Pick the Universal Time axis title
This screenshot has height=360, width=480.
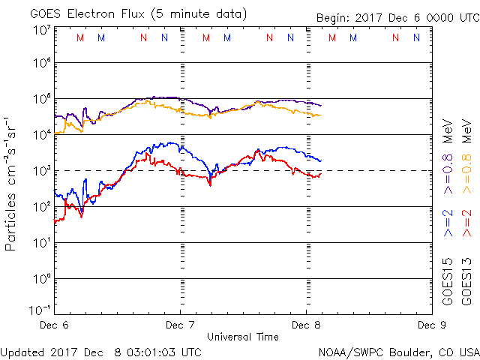pyautogui.click(x=242, y=337)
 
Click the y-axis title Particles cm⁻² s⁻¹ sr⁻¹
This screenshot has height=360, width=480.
pyautogui.click(x=13, y=183)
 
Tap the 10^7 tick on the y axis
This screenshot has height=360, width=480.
pyautogui.click(x=42, y=30)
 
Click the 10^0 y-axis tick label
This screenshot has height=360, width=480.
pyautogui.click(x=42, y=280)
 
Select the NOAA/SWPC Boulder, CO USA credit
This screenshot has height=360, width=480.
pyautogui.click(x=398, y=352)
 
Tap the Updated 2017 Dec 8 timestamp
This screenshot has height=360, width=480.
pyautogui.click(x=101, y=352)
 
